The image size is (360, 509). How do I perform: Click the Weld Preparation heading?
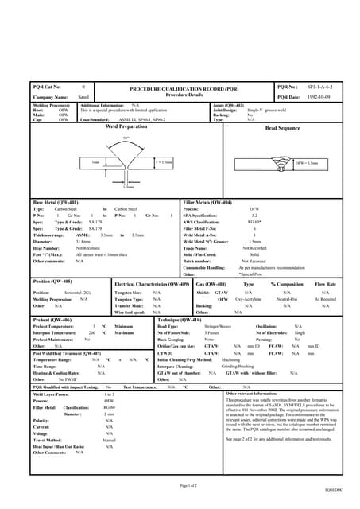pos(126,126)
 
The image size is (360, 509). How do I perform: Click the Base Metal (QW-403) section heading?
pos(54,203)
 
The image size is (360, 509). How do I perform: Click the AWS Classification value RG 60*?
pos(254,221)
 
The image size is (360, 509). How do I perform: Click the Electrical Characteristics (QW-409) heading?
pos(152,283)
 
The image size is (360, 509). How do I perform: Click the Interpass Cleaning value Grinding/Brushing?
pos(238,367)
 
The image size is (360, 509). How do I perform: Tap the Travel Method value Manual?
pos(110,439)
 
